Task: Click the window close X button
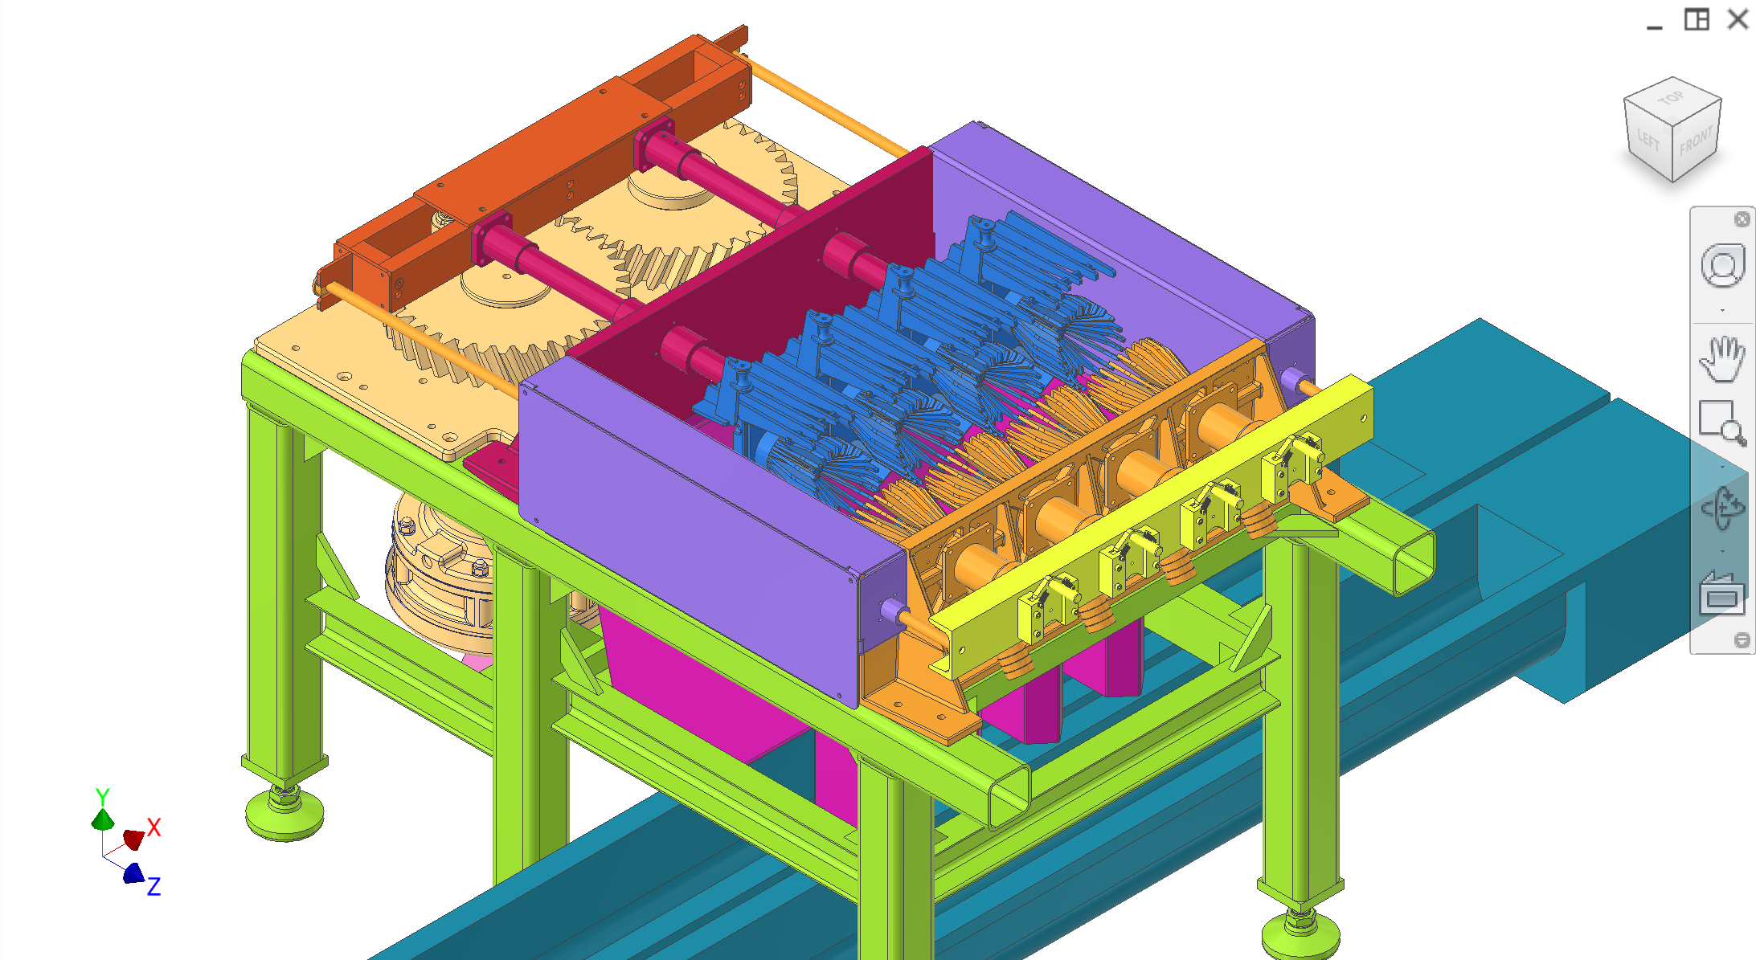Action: [1738, 19]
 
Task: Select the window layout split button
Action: [1697, 19]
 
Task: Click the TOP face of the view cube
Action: [1672, 99]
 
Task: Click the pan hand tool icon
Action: [1722, 358]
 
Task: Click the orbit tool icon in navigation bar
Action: [1722, 508]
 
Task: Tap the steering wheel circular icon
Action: [1722, 266]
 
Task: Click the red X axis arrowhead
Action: [133, 839]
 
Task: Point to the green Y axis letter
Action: [102, 796]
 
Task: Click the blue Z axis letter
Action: [153, 886]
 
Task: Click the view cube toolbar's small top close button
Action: [1742, 219]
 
